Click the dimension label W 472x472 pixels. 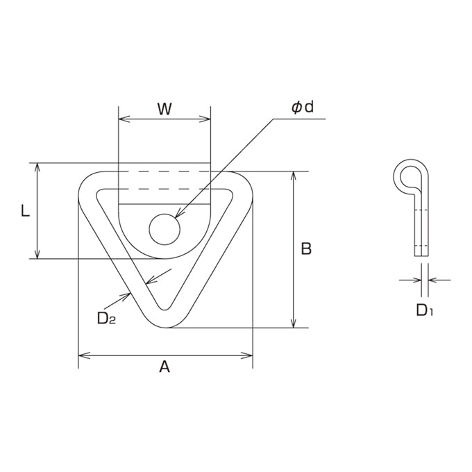click(x=165, y=109)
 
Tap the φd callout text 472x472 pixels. click(x=303, y=107)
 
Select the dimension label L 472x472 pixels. click(x=25, y=210)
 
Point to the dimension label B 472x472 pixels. click(x=306, y=249)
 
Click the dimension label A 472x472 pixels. click(x=165, y=366)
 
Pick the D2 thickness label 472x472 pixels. click(x=107, y=318)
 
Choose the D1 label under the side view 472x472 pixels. click(x=424, y=310)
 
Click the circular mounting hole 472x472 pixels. click(x=165, y=229)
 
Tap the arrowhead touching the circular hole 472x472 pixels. click(x=179, y=213)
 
